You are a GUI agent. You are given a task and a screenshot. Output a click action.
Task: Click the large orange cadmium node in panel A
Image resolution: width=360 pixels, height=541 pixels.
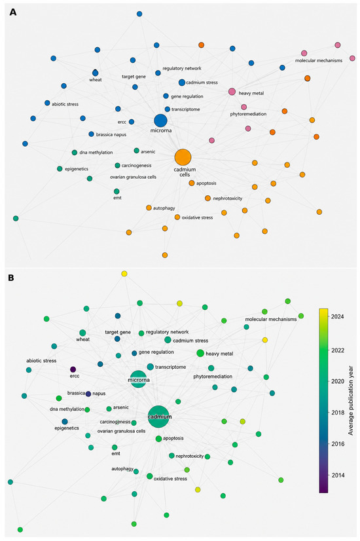coord(183,158)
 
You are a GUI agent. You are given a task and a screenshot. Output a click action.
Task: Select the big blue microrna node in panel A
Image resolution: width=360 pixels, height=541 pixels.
coord(160,121)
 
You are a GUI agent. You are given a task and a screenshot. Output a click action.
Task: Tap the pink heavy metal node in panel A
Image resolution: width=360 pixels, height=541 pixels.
coord(232,92)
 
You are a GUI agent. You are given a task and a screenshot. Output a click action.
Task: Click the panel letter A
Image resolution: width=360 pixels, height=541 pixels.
coord(12,12)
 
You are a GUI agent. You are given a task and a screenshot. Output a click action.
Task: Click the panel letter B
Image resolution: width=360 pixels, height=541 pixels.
coord(12,278)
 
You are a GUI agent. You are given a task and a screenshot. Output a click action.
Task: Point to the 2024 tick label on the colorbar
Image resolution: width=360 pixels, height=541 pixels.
coord(338,316)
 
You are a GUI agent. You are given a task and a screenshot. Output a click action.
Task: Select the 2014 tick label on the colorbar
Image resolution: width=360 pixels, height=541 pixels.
coord(338,475)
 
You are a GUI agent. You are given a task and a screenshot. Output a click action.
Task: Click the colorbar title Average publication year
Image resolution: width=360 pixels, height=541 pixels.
coord(351,401)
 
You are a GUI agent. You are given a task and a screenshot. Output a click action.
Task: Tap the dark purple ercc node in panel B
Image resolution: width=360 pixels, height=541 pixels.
coord(73,369)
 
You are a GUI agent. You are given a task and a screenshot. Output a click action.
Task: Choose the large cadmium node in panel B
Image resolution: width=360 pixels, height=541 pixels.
coord(159,417)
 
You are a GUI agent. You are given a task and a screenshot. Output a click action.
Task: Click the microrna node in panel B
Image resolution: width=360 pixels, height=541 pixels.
coord(138,379)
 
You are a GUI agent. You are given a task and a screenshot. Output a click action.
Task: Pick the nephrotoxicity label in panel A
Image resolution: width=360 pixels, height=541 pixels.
coord(228,198)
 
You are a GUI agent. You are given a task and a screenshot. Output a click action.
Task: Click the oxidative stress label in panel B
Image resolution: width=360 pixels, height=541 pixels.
coord(170,479)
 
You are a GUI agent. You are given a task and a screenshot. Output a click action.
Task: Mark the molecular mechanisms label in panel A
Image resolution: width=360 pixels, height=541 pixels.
coord(319,60)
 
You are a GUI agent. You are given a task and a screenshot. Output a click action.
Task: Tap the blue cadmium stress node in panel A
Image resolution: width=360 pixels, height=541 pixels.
coord(182,83)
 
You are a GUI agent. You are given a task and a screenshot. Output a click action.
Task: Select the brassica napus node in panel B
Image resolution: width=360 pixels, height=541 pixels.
coord(88,394)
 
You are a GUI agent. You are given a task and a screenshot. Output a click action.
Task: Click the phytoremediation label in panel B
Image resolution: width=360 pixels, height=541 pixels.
coord(213,377)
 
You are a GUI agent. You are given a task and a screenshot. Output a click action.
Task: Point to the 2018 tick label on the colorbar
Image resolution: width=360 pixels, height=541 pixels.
coord(338,413)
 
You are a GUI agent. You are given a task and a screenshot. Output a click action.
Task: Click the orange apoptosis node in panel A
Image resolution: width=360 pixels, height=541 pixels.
coord(192,183)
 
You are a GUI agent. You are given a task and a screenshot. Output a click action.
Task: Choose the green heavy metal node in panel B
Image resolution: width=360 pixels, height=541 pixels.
coord(200,353)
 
